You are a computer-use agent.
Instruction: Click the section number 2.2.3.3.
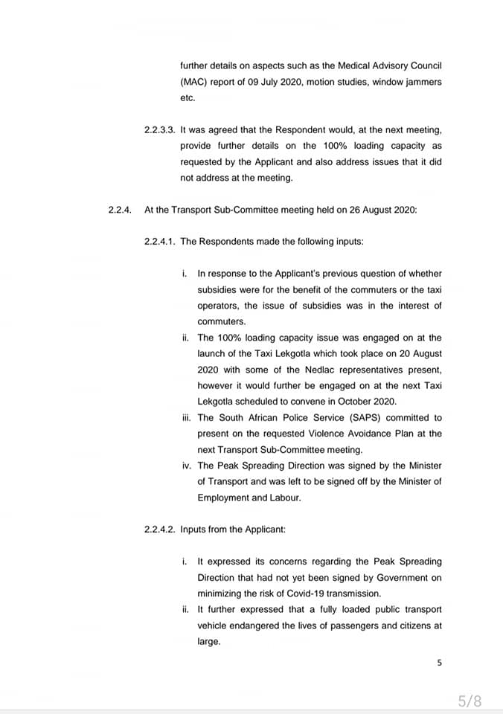click(160, 129)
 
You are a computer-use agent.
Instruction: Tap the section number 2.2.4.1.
click(160, 242)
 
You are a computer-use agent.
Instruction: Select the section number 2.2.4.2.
click(160, 530)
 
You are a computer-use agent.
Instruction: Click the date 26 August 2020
click(380, 210)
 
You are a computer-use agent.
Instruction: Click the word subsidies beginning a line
click(220, 290)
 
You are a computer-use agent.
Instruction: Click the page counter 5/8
click(470, 700)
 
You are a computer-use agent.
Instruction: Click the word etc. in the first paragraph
click(188, 97)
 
